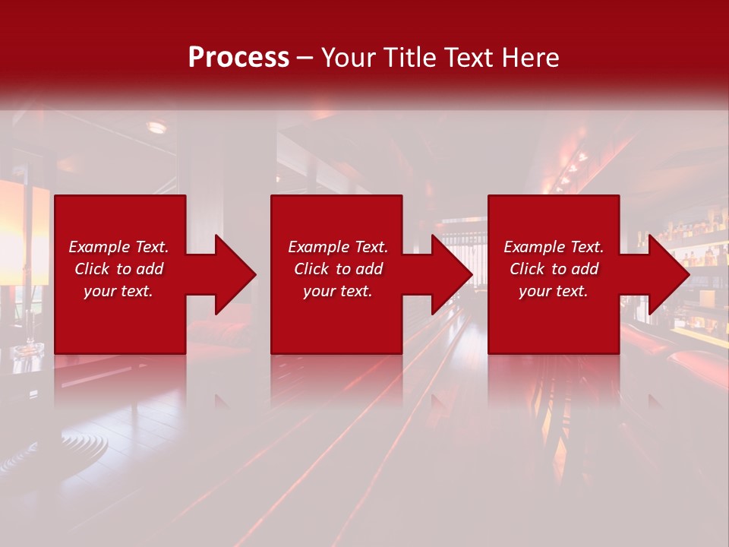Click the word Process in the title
click(238, 58)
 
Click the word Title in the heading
click(409, 58)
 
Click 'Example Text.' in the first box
click(118, 247)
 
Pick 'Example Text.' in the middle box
click(338, 247)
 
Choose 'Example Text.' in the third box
click(554, 247)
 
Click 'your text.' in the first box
click(118, 291)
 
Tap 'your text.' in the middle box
click(338, 291)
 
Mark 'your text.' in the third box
click(554, 291)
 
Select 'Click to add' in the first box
click(118, 269)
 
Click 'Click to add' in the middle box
click(338, 269)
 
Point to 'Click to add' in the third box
click(554, 269)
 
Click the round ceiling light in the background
click(156, 128)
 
